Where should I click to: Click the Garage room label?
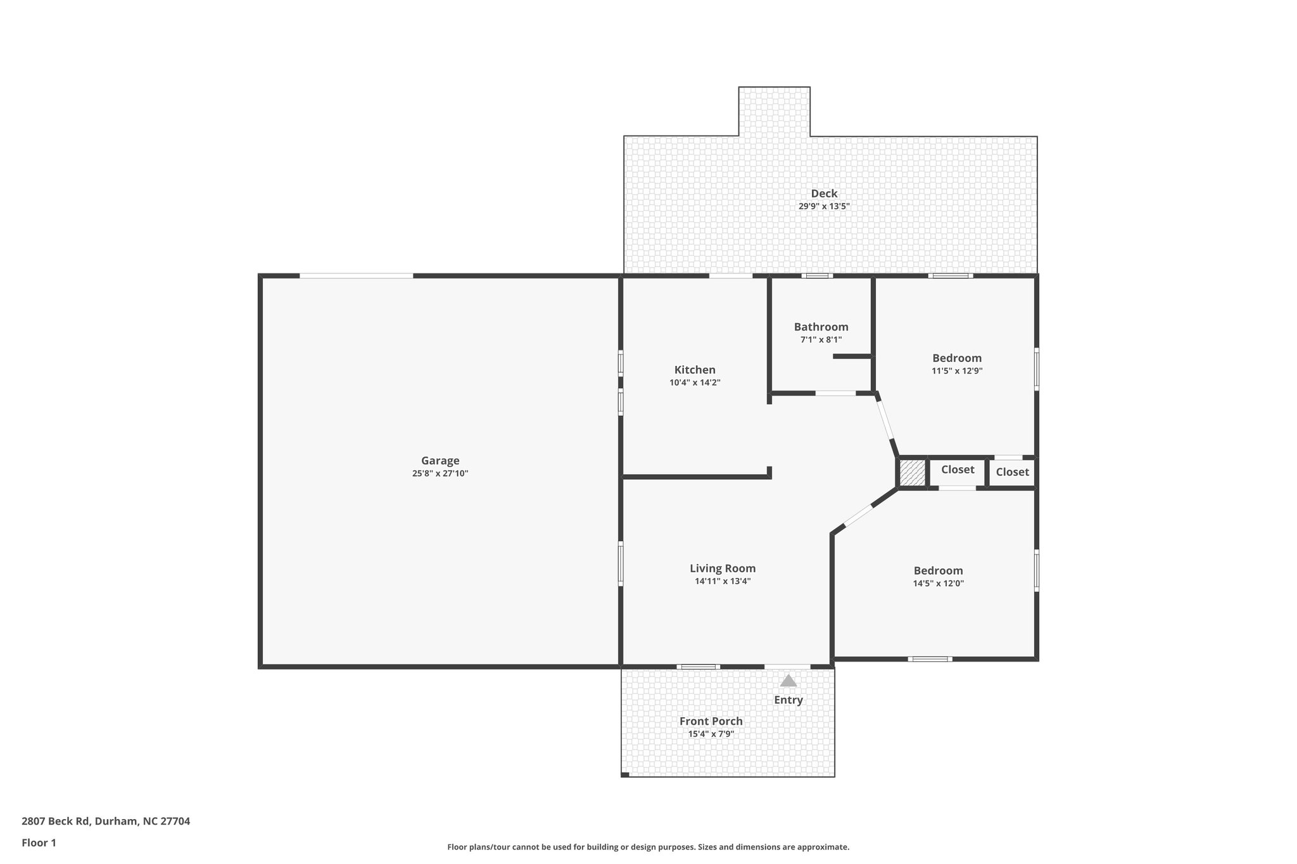440,461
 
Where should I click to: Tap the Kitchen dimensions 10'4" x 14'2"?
695,383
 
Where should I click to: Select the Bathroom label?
821,327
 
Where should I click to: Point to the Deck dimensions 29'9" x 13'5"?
823,206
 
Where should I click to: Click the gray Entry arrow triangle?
788,681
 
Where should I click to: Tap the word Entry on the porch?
788,700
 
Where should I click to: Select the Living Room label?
723,568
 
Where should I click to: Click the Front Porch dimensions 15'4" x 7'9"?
711,734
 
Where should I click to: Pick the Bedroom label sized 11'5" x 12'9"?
956,358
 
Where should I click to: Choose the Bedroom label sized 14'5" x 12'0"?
938,571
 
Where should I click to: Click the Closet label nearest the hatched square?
957,470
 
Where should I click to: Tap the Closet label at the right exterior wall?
1012,472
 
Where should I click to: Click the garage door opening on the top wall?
356,276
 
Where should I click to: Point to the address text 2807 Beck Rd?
106,822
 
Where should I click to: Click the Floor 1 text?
39,842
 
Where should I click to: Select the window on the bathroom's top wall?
817,276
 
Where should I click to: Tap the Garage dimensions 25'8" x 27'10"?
440,473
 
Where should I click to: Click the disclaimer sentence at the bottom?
648,847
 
